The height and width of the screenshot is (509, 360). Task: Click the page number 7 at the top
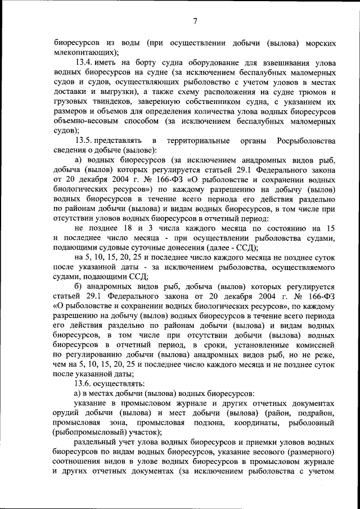click(195, 21)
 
